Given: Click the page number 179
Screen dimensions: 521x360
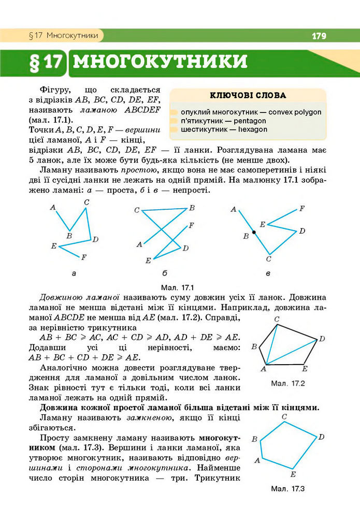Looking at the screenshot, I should click(x=319, y=36).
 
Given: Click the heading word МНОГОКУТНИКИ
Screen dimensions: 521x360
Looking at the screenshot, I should click(x=160, y=62).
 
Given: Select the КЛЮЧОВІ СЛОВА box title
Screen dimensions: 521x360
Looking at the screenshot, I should click(x=248, y=95).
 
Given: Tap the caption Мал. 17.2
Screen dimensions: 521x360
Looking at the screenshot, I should click(x=287, y=384).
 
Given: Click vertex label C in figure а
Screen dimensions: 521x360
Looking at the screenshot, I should click(x=87, y=202).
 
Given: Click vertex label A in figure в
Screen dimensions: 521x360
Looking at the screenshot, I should click(x=234, y=209).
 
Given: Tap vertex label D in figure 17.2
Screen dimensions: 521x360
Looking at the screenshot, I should click(x=322, y=339).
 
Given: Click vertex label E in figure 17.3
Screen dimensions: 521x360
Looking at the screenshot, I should click(x=293, y=474).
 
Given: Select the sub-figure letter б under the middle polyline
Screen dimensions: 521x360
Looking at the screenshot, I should click(x=164, y=273).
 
